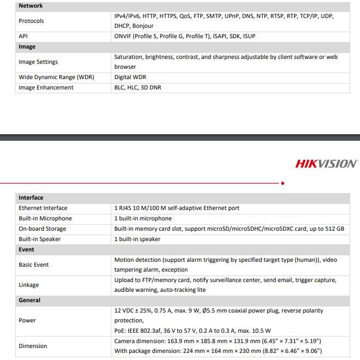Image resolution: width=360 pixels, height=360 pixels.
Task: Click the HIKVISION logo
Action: (x=326, y=163)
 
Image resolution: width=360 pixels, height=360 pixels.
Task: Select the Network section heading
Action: (x=31, y=5)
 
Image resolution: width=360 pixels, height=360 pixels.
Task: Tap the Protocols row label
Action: (x=31, y=21)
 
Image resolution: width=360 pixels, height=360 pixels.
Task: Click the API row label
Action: (x=23, y=36)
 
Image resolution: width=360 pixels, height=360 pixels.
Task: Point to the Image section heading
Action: (x=27, y=47)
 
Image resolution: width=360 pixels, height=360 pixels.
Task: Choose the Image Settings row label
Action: (x=38, y=62)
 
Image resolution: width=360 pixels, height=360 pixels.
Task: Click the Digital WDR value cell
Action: (x=130, y=77)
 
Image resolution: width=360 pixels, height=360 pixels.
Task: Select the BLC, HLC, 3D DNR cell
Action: (x=137, y=87)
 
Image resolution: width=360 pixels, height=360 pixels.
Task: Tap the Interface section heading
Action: (x=31, y=197)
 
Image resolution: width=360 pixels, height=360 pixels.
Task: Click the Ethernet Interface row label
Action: (x=43, y=208)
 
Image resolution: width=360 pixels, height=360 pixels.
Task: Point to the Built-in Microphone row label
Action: (x=45, y=218)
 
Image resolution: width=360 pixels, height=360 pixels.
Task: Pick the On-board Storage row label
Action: (x=43, y=229)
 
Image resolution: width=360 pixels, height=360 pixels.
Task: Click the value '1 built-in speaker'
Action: (x=137, y=239)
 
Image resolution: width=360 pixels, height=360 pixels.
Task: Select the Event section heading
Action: (x=26, y=249)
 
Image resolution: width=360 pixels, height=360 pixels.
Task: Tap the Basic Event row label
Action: (x=34, y=265)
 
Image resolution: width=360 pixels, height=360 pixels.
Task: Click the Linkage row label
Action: (x=29, y=285)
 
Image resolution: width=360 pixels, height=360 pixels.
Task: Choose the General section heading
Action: (x=29, y=300)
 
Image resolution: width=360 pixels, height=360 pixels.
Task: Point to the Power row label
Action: (x=27, y=320)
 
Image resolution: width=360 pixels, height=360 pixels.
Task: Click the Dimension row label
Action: (x=33, y=346)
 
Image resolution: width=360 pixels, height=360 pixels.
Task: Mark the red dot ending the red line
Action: (x=283, y=183)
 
